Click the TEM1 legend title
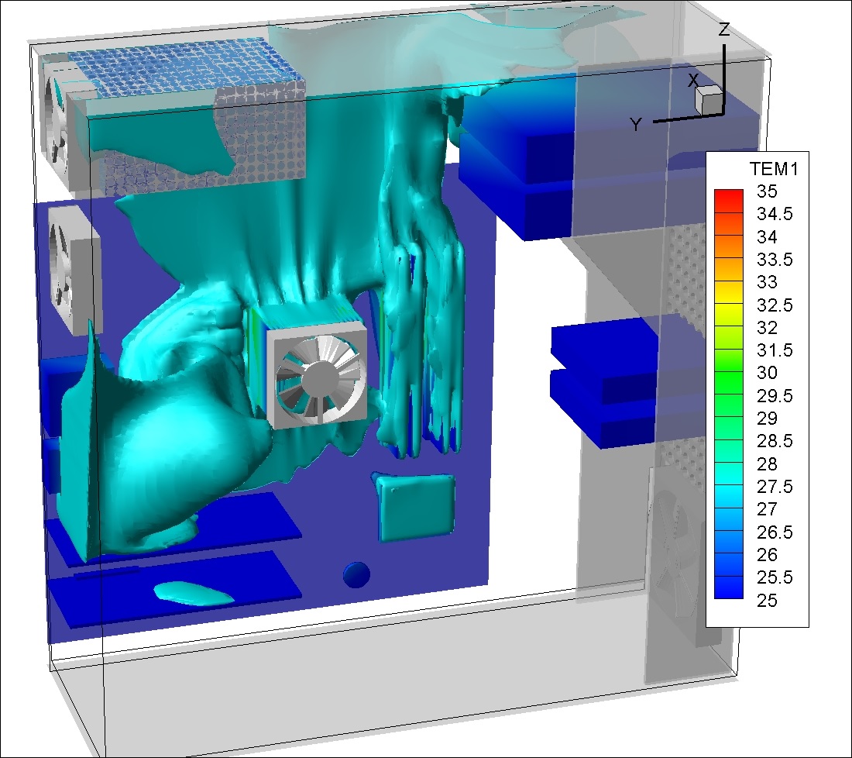pos(774,169)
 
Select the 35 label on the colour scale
pos(767,191)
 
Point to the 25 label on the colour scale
pos(767,601)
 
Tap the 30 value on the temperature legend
pos(767,373)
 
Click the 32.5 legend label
pos(775,305)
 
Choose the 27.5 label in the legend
pos(775,487)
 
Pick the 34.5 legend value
pos(775,214)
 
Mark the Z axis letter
pos(723,29)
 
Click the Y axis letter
pos(636,125)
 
